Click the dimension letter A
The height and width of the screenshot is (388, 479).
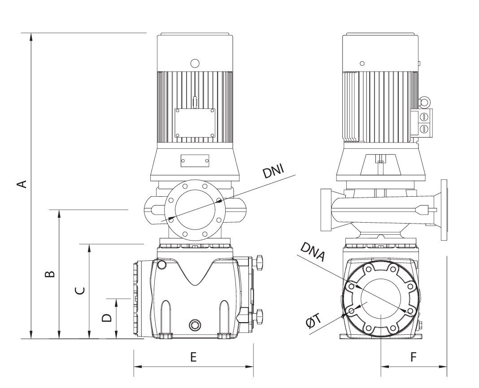(x=21, y=183)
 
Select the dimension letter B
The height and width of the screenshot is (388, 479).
(x=50, y=273)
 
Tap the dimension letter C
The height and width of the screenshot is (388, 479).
(x=79, y=291)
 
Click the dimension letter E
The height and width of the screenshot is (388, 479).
(x=193, y=357)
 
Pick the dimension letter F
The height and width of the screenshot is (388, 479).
(x=414, y=357)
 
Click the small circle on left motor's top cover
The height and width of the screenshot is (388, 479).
(x=195, y=63)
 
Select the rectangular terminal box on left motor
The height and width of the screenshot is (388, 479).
(x=195, y=123)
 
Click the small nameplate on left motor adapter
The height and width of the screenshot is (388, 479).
(x=195, y=161)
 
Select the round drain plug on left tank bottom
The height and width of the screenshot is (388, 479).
(x=195, y=324)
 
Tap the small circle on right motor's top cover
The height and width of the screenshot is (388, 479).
(x=362, y=64)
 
